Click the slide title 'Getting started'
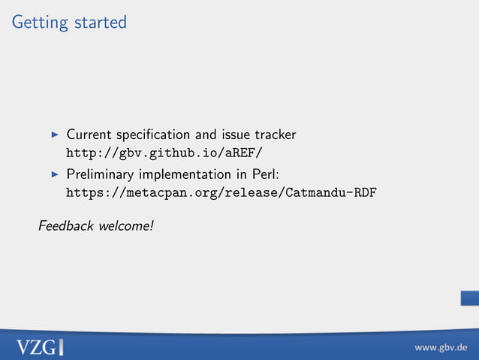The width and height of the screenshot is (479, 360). [x=69, y=23]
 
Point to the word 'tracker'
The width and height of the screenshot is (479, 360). [x=276, y=135]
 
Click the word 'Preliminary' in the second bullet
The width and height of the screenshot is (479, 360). [x=101, y=174]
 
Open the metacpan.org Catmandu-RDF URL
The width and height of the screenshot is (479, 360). [x=221, y=192]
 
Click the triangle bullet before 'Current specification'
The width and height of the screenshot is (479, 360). [x=54, y=136]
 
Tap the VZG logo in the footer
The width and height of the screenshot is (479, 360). [x=40, y=346]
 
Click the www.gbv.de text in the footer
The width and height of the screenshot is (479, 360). [x=441, y=347]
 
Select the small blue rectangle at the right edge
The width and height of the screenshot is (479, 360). [x=470, y=298]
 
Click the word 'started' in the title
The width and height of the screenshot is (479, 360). [x=100, y=23]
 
